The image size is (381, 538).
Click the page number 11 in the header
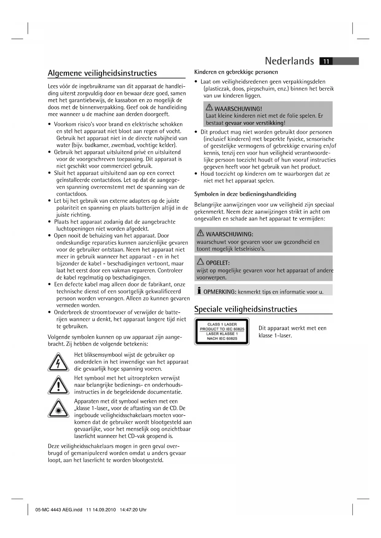(x=326, y=61)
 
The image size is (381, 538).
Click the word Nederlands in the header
(x=289, y=61)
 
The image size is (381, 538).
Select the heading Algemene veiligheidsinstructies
(x=102, y=73)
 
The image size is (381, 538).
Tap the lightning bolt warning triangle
(x=58, y=362)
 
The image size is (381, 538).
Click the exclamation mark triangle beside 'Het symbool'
(x=58, y=385)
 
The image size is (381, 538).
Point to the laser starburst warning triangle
(x=58, y=408)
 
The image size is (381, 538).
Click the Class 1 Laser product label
(x=222, y=331)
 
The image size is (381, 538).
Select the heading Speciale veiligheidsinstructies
(x=246, y=309)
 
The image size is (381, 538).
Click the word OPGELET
(x=218, y=263)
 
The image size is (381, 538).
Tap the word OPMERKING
(x=220, y=292)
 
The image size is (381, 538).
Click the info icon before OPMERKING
(x=199, y=290)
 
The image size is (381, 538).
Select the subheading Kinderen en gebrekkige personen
(x=236, y=72)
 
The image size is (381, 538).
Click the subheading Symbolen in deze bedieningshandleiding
(x=245, y=194)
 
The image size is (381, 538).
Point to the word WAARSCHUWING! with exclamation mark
(x=238, y=109)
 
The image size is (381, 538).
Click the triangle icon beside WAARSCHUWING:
(x=200, y=233)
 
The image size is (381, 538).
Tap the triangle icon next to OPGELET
(x=200, y=262)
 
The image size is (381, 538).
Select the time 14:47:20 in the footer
(x=129, y=510)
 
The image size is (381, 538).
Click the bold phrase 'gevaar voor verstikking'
(x=254, y=123)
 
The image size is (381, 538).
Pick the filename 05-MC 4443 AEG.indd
(x=59, y=510)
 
